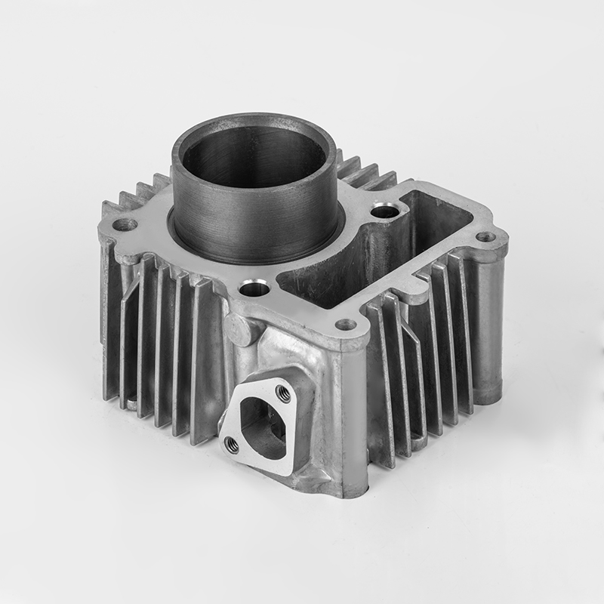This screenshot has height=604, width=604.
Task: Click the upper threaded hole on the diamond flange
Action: tap(284, 391)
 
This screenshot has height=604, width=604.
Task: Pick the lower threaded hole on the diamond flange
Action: tap(233, 445)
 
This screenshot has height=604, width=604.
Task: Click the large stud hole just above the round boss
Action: tap(254, 288)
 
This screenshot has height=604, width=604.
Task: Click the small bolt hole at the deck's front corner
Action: tap(346, 325)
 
